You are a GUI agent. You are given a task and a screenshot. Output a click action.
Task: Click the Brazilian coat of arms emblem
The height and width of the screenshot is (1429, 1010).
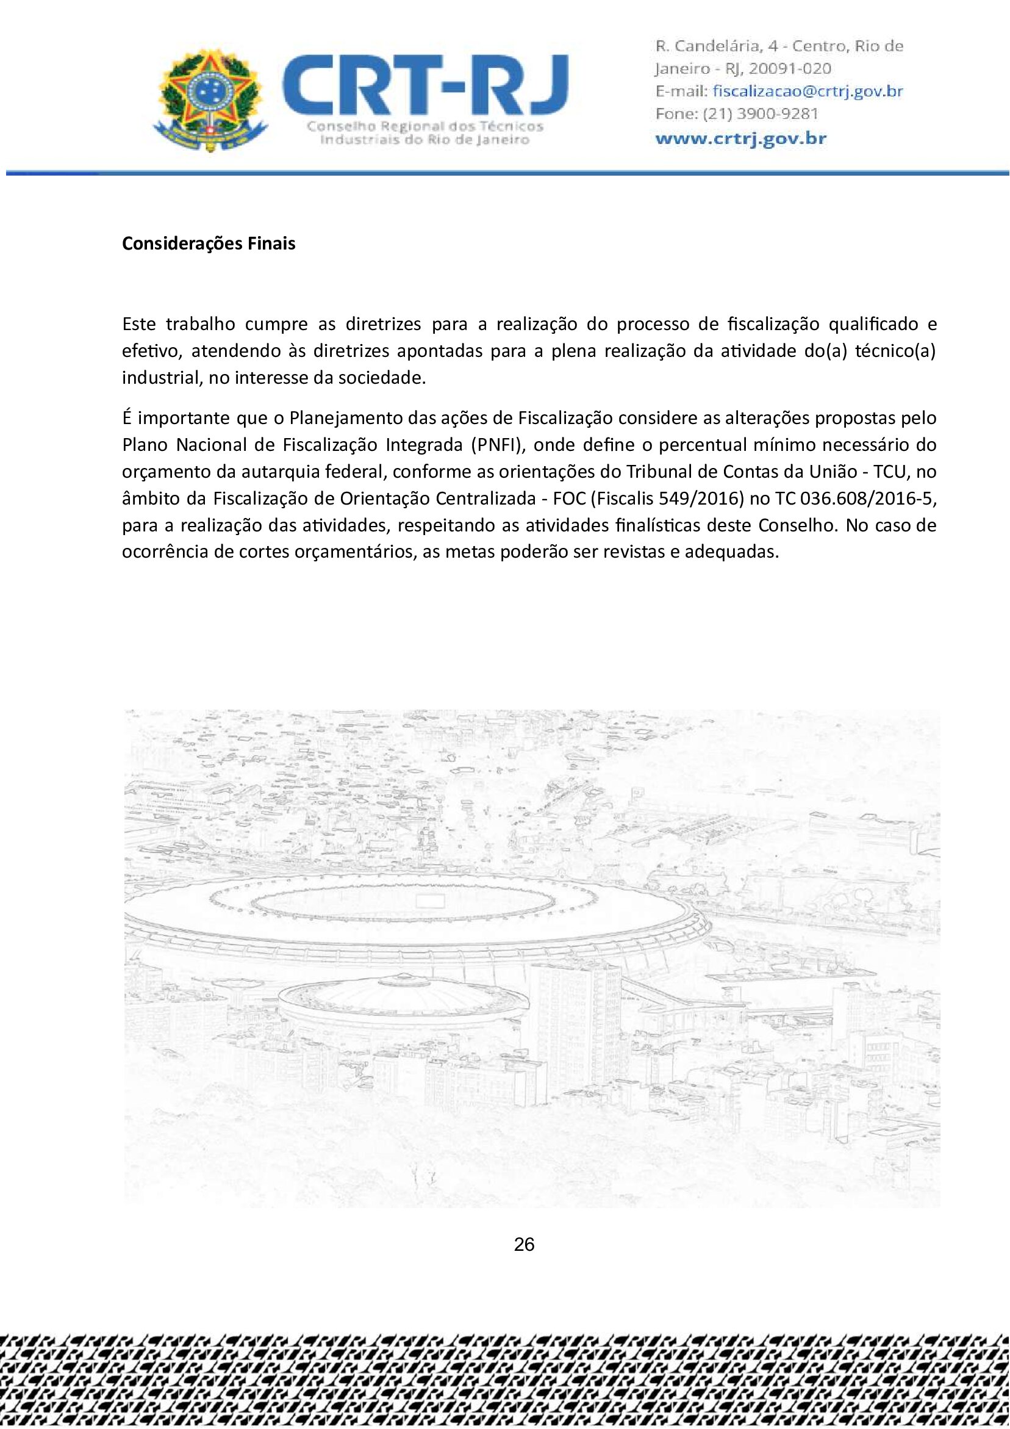(x=210, y=101)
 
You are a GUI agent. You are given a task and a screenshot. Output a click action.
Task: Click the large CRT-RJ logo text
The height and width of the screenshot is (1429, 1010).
(x=425, y=84)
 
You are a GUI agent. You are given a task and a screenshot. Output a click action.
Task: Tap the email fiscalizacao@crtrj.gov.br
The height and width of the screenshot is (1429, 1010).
(x=807, y=92)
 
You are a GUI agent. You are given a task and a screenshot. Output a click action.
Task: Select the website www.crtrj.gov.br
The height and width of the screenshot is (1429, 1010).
(x=740, y=138)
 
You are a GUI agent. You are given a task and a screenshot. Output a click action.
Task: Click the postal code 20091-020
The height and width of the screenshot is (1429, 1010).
(x=790, y=68)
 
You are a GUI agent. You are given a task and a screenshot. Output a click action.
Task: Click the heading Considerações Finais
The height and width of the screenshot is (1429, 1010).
(x=209, y=243)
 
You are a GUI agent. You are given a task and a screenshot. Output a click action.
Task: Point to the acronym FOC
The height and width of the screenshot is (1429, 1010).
(x=569, y=499)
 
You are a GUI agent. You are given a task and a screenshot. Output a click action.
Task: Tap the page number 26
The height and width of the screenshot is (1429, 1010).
(x=524, y=1244)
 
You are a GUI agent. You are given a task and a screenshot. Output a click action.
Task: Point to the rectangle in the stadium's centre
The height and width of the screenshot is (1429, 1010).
(x=429, y=901)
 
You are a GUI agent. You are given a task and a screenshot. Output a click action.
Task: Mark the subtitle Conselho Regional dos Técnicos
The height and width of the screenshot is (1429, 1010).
(x=425, y=126)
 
